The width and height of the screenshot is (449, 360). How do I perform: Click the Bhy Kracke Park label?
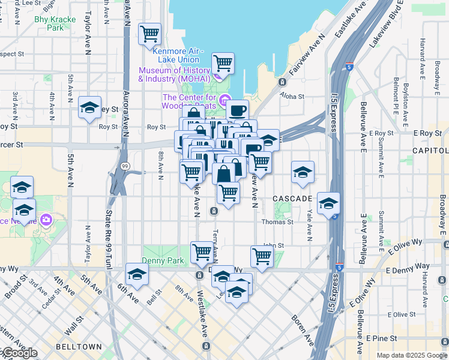click(x=55, y=23)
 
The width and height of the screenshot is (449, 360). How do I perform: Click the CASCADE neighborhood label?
click(x=292, y=198)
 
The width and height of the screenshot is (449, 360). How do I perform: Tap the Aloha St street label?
click(x=292, y=96)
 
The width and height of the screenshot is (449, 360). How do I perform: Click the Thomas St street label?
click(x=281, y=221)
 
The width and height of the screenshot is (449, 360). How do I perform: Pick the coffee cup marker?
click(x=237, y=110)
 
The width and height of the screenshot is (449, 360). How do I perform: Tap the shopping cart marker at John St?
click(x=262, y=256)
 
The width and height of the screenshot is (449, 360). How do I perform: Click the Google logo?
click(x=19, y=353)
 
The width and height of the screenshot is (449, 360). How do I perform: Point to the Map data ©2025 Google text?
click(x=412, y=355)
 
